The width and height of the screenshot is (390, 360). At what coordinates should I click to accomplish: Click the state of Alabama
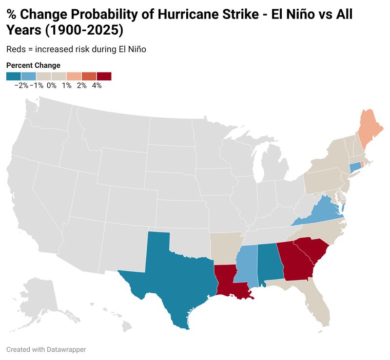270,264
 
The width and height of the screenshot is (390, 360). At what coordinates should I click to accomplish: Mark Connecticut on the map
355,168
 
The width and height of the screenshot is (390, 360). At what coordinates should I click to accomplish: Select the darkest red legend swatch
104,76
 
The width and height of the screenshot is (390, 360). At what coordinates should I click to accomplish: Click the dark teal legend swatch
14,76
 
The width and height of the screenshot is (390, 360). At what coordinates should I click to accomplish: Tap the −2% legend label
21,86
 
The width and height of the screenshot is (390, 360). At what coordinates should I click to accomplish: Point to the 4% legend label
97,86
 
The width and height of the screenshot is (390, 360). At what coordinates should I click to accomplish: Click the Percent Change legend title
33,65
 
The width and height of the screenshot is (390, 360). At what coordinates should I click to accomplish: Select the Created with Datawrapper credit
46,349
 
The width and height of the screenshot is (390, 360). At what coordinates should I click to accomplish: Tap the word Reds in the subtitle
16,49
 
